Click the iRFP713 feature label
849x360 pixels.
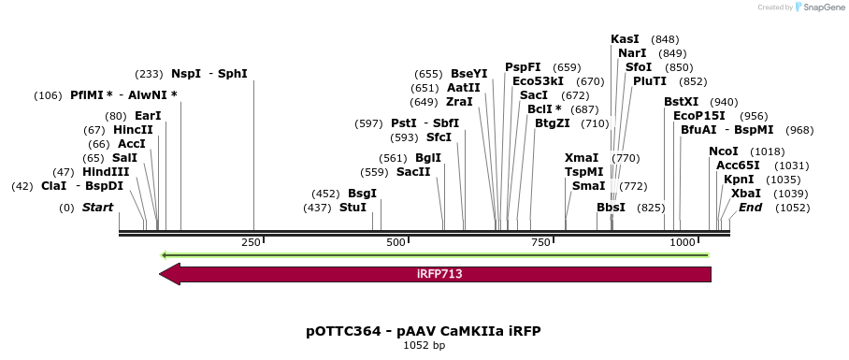439,274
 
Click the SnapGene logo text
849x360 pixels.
819,7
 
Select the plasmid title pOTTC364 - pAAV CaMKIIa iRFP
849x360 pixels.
424,331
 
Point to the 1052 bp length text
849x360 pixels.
424,346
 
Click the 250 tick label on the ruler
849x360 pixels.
251,243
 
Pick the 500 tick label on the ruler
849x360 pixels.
396,243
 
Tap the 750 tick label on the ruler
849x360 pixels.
540,243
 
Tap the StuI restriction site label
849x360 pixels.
353,207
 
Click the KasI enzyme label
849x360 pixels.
625,39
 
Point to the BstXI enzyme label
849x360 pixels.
681,101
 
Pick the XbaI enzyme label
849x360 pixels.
746,193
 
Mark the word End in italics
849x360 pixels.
750,207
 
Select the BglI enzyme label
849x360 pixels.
428,158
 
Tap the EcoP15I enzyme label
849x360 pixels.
699,116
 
